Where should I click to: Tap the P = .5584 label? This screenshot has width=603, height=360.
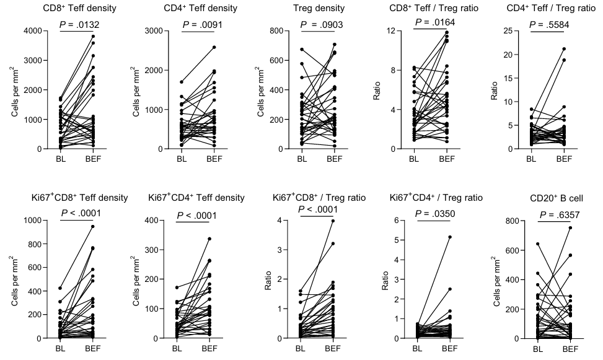pyautogui.click(x=548, y=25)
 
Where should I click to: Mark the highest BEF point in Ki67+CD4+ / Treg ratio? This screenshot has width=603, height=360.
pyautogui.click(x=449, y=237)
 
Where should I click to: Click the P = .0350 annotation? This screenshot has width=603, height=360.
pyautogui.click(x=434, y=214)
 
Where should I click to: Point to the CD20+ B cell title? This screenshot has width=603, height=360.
pyautogui.click(x=548, y=198)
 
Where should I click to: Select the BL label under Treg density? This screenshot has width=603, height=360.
pyautogui.click(x=302, y=160)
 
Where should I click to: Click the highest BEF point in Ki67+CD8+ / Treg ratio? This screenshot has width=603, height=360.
pyautogui.click(x=333, y=221)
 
